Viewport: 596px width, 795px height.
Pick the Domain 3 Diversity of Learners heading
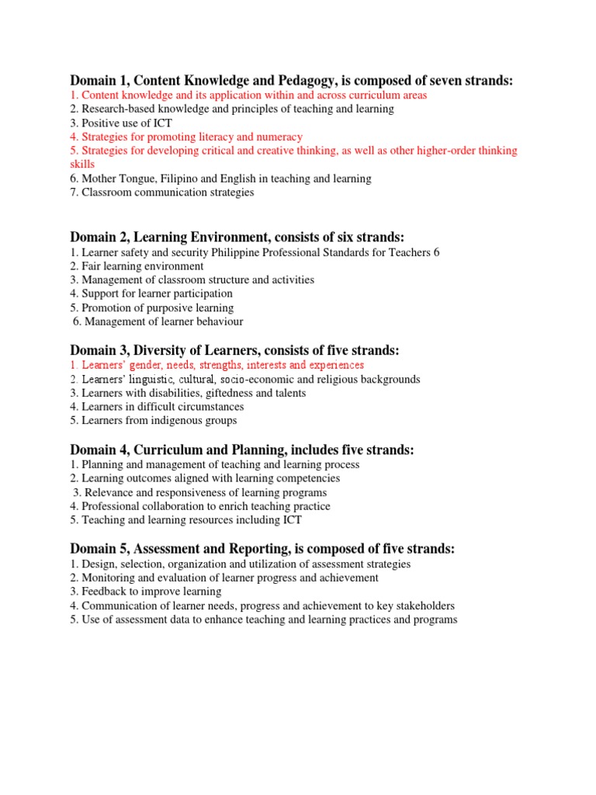pos(234,351)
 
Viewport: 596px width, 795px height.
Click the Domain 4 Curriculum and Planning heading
pos(242,450)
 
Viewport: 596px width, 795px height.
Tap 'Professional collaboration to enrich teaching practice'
pos(200,506)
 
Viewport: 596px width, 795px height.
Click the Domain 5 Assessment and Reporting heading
pos(262,549)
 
